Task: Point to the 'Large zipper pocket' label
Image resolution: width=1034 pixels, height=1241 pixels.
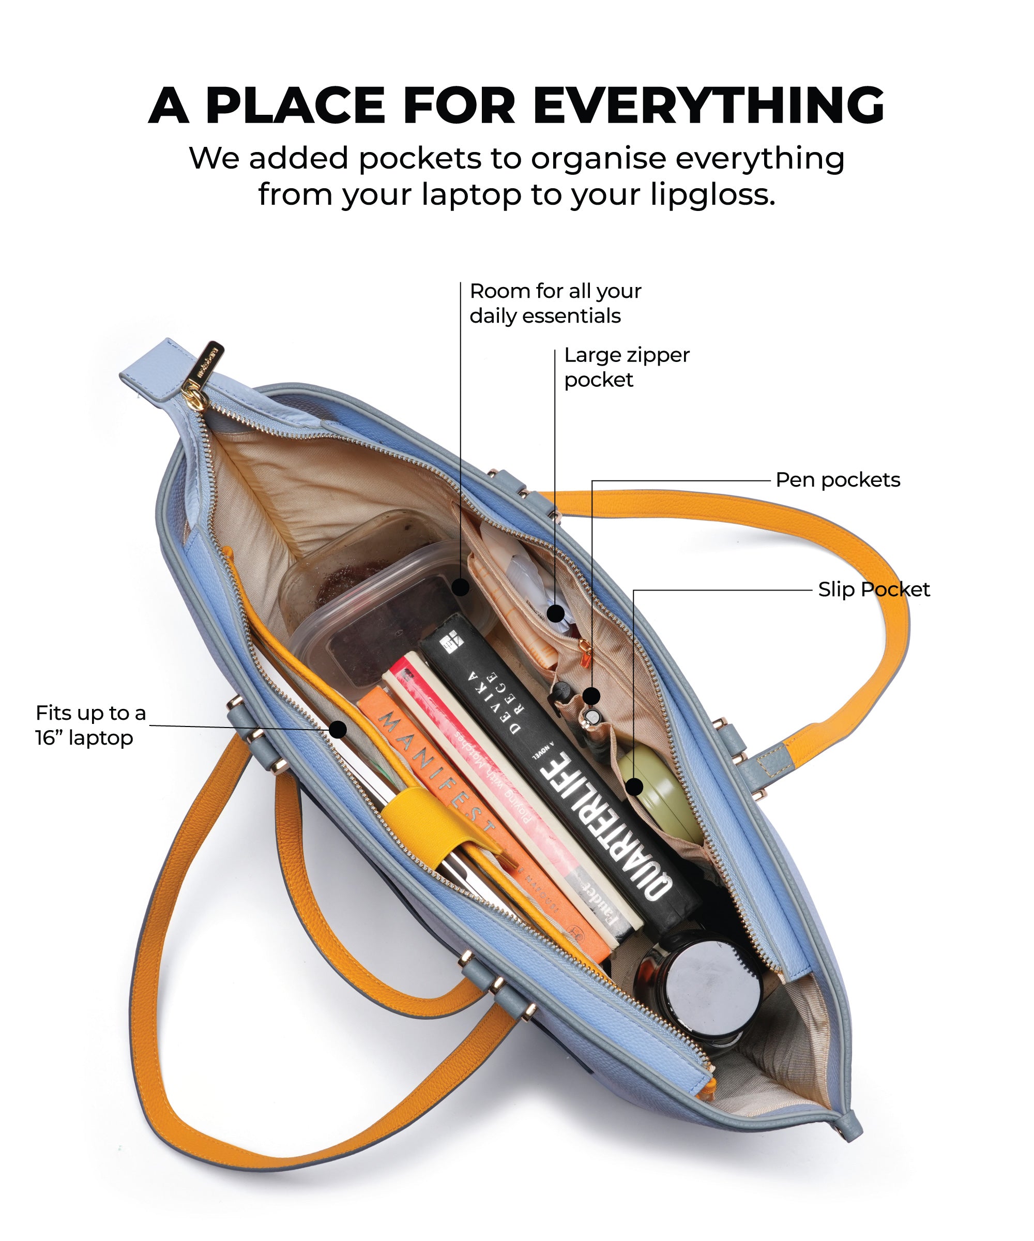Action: (626, 367)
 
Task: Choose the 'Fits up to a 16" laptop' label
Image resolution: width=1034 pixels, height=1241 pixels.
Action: (90, 725)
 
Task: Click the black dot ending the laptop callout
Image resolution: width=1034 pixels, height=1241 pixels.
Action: (338, 729)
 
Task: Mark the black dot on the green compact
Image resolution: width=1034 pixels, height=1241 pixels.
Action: (634, 786)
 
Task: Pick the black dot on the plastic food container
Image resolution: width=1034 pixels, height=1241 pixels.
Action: (460, 587)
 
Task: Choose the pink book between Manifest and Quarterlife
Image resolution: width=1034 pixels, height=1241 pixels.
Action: (508, 780)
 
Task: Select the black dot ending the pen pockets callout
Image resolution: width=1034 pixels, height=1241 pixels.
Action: (591, 695)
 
